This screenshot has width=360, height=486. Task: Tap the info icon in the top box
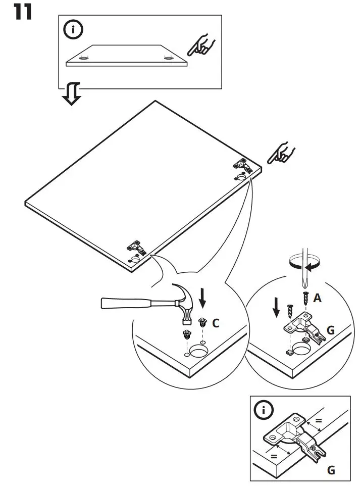click(x=74, y=29)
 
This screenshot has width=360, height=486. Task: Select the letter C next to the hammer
click(x=216, y=322)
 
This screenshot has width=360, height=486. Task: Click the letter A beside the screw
click(x=317, y=298)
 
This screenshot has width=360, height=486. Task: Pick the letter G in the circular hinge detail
click(x=330, y=330)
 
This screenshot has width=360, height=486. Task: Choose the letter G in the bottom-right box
click(x=330, y=470)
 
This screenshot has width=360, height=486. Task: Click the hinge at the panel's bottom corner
click(x=135, y=248)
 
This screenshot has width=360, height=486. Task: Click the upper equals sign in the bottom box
click(x=319, y=421)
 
